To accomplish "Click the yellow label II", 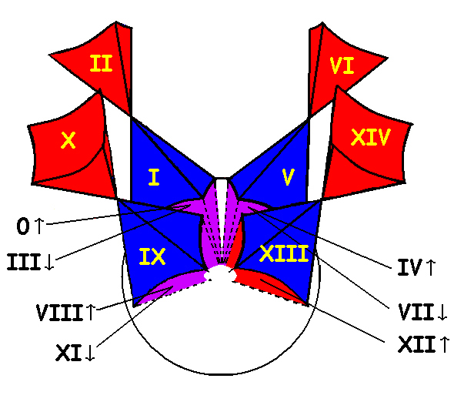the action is click(101, 63).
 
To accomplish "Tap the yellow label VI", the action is click(342, 65).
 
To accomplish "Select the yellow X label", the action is click(68, 140).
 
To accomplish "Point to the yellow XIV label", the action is click(371, 137).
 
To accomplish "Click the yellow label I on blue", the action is click(154, 177).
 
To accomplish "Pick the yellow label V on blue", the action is click(288, 177).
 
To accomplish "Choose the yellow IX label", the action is click(152, 256).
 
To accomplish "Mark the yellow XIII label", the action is click(284, 253).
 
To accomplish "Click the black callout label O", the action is click(23, 226).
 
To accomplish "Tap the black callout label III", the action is click(23, 262).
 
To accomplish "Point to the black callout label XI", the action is click(68, 352).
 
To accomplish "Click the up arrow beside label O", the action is click(39, 226).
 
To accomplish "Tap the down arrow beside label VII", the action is click(442, 312).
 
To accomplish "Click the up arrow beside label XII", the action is click(445, 344).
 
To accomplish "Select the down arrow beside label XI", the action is click(90, 352).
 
